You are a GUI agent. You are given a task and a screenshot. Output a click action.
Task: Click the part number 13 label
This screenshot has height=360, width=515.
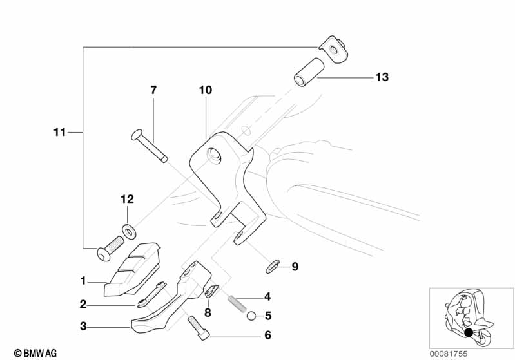[382, 77]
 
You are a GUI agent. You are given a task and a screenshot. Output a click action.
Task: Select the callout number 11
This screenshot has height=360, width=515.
[59, 133]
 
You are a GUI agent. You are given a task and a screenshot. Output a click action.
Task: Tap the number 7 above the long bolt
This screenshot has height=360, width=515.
[153, 90]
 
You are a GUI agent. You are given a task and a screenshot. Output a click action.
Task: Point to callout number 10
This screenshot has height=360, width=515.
[205, 91]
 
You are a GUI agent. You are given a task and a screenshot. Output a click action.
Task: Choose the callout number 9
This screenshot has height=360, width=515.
[295, 265]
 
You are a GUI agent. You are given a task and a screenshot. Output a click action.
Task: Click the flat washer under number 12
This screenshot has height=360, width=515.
[128, 228]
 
